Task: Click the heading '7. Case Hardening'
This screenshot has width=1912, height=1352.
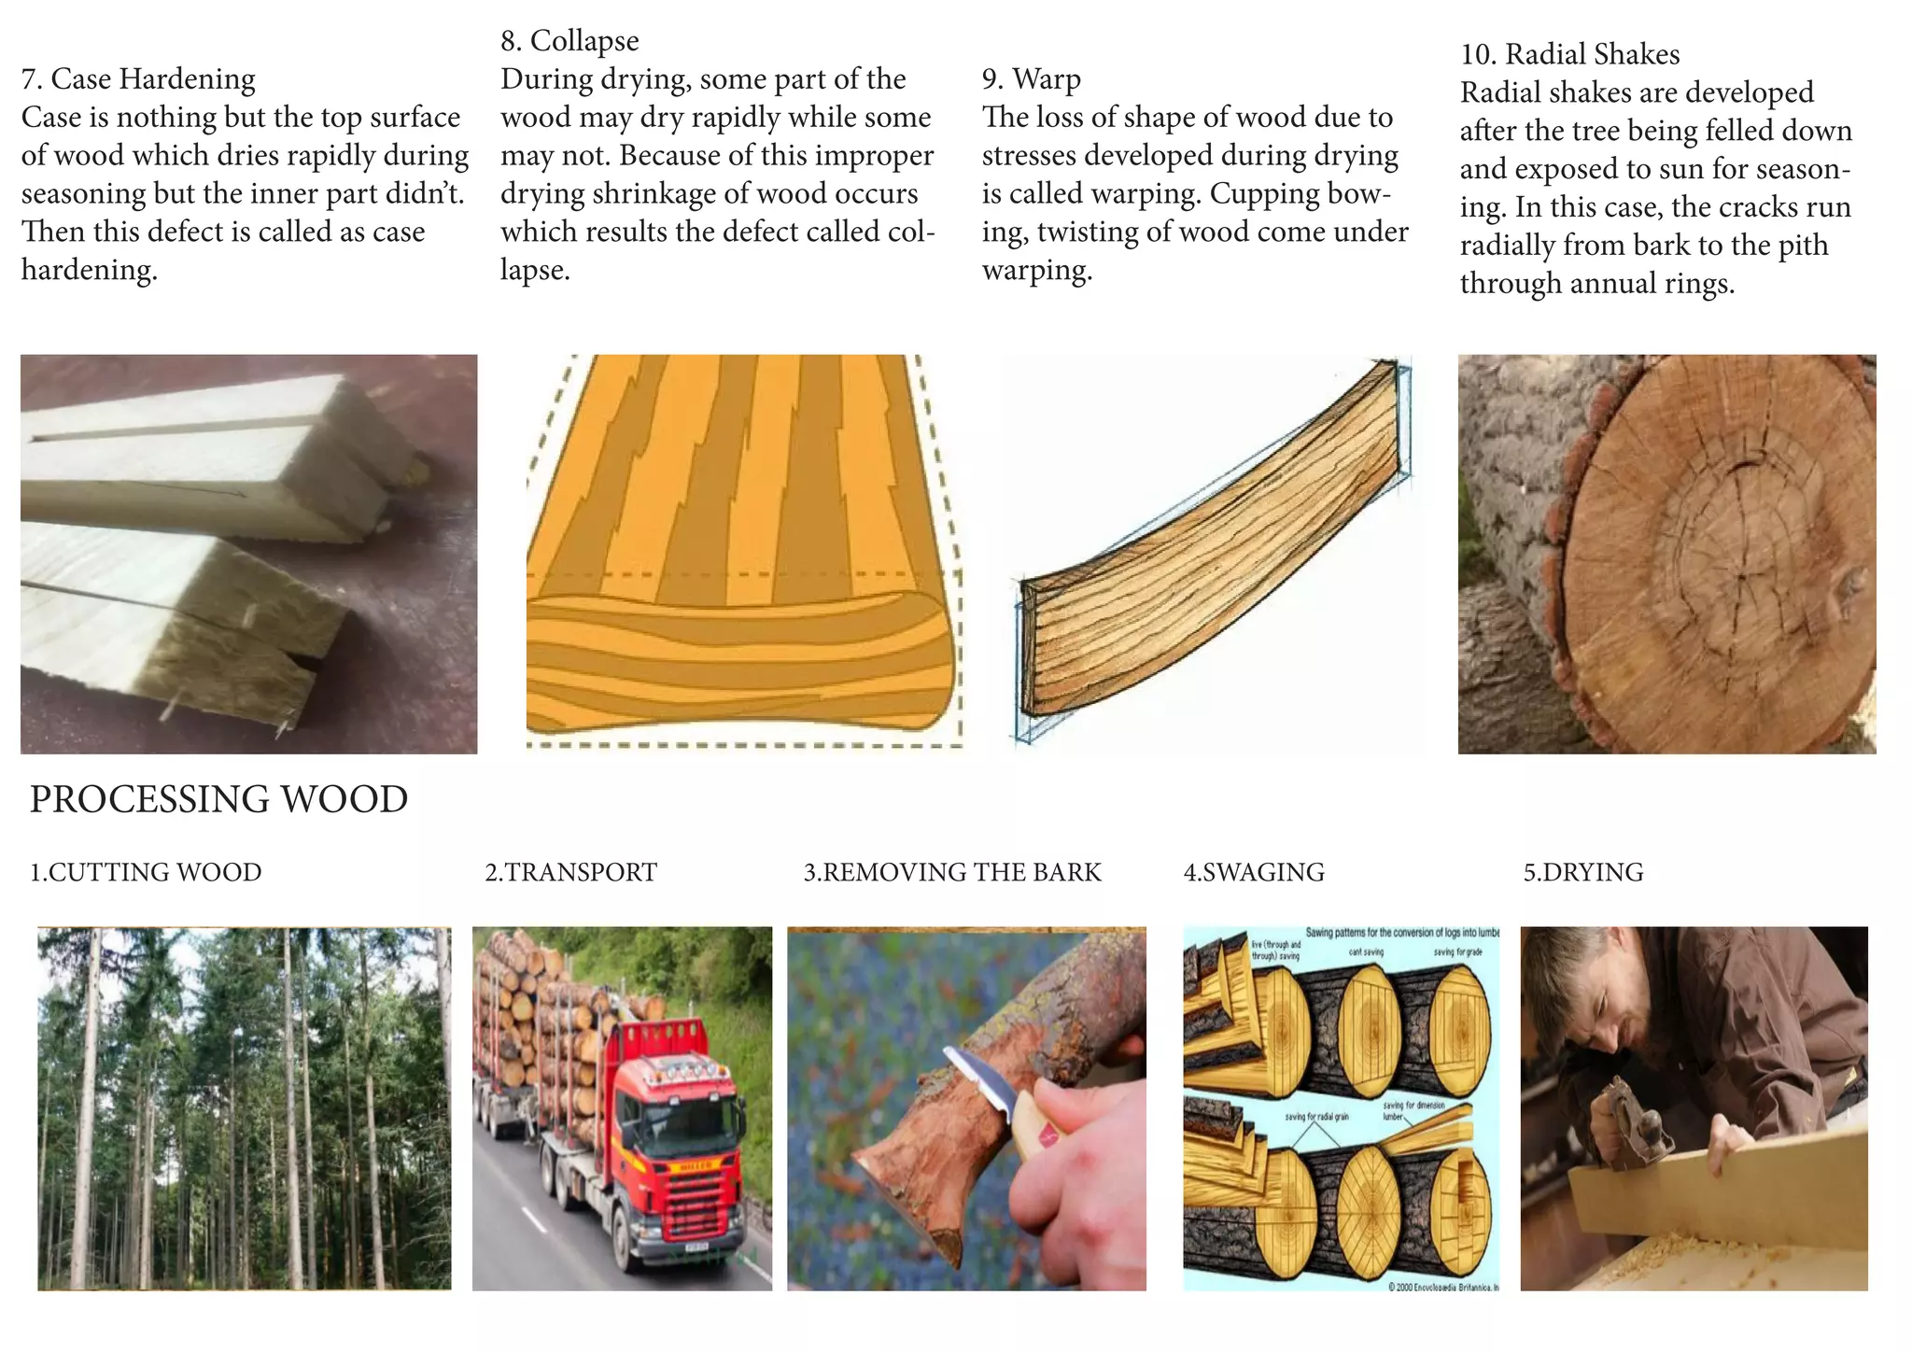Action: (138, 79)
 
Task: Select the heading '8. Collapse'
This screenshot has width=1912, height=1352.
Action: (569, 41)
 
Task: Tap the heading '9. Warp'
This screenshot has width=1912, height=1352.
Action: (1031, 79)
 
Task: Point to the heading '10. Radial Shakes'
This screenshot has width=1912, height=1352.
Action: (1569, 54)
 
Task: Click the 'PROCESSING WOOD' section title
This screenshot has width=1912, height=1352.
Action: (218, 799)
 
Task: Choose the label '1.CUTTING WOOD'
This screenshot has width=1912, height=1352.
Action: (146, 872)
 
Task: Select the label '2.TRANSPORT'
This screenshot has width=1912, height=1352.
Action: (570, 872)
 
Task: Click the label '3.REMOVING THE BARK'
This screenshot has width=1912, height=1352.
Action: (952, 872)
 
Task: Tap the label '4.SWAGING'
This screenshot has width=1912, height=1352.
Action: (1254, 872)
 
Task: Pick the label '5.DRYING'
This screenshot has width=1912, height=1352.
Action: (1583, 872)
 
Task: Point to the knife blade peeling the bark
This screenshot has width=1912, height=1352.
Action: (980, 1083)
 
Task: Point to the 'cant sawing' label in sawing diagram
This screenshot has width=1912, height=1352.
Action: (1366, 951)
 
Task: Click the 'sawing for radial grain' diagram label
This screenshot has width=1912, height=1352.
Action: (1316, 1117)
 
